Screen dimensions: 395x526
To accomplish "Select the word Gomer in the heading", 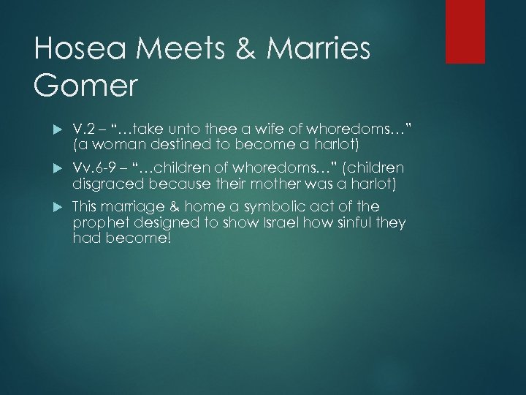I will pyautogui.click(x=85, y=86).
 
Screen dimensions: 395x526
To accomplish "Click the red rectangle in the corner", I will pyautogui.click(x=465, y=31).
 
